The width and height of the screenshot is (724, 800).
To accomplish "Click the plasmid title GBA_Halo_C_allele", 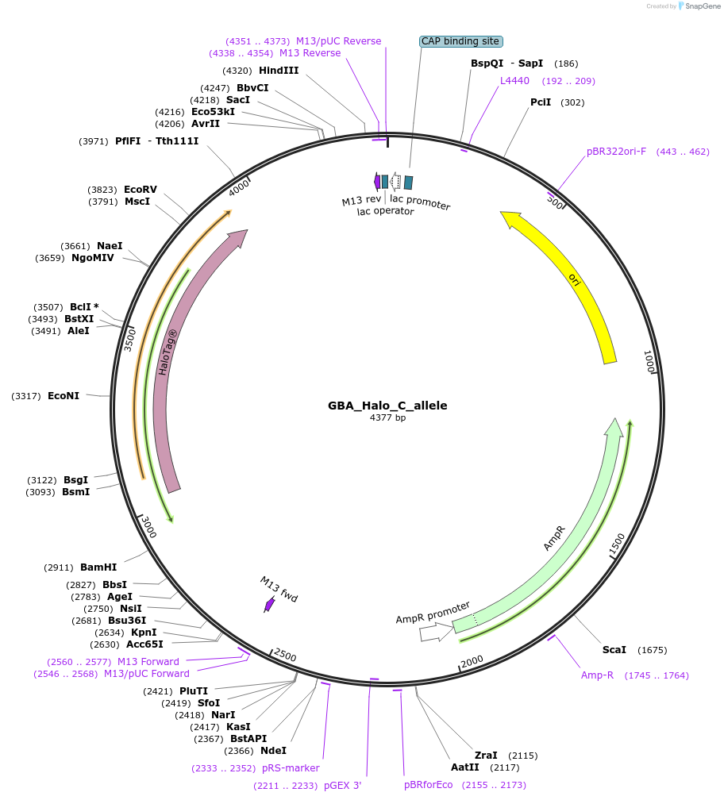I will tap(387, 406).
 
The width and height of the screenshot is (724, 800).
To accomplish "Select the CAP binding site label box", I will tap(461, 40).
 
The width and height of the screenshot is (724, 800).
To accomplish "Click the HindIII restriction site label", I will tap(279, 71).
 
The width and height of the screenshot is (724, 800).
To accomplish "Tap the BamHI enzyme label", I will tap(98, 567).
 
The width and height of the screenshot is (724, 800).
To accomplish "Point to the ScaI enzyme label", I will tap(614, 650).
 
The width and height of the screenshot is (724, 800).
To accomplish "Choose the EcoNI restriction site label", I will tap(64, 395).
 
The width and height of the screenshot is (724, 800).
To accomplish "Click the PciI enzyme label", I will tap(541, 102).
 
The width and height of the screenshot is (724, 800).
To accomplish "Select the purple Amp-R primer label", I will tap(597, 675).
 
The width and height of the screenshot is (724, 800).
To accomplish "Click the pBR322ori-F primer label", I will tap(617, 152).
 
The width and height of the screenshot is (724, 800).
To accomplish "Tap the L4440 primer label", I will tap(514, 81).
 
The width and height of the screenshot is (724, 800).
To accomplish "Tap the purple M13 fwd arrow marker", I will tap(269, 605).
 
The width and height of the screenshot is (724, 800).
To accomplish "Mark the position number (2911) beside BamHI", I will tap(60, 567).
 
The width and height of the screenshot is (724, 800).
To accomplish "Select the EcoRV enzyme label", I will tap(141, 190).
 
